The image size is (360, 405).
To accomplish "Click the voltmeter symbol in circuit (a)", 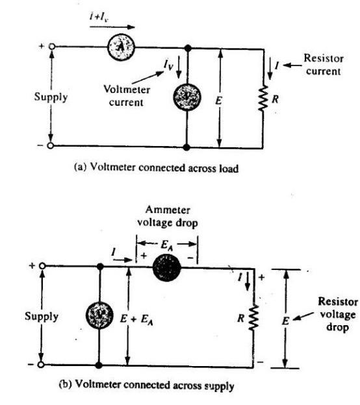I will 188,97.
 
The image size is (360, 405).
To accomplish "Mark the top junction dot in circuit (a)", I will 188,47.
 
